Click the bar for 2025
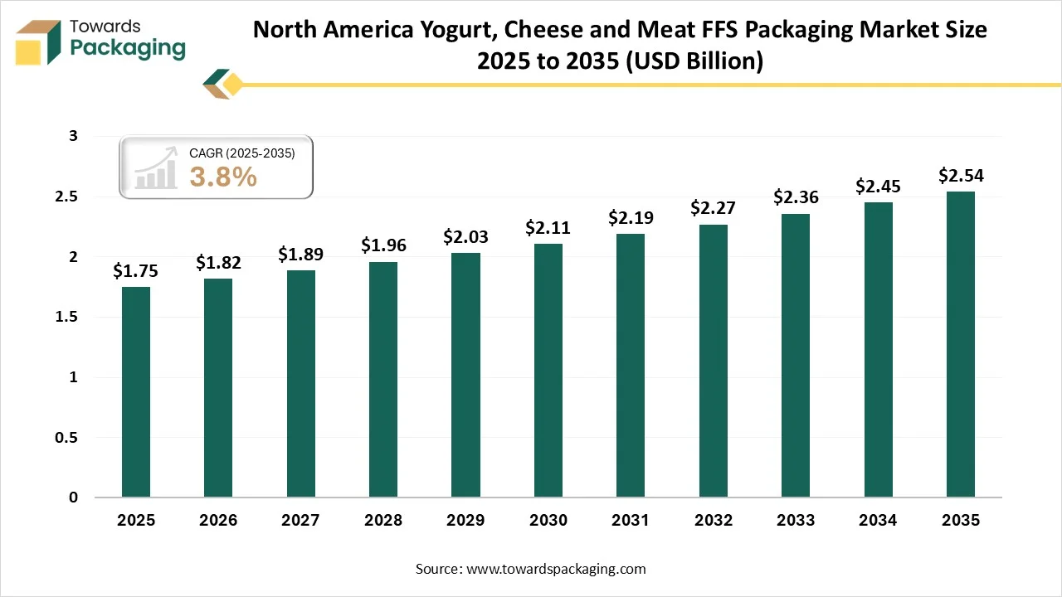click(x=136, y=392)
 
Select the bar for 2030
click(x=548, y=371)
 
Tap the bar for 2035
click(x=961, y=344)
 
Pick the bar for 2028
click(x=383, y=380)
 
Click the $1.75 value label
click(x=136, y=271)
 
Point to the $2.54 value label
click(x=961, y=176)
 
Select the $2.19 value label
click(x=631, y=218)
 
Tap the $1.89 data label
click(x=300, y=254)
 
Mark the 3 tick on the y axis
click(x=74, y=137)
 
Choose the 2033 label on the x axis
click(x=796, y=521)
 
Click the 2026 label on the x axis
click(x=218, y=521)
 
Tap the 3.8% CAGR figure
click(x=223, y=177)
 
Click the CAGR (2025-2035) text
click(x=242, y=153)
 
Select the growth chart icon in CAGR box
click(x=157, y=168)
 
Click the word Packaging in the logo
click(x=128, y=48)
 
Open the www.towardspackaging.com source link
click(x=555, y=569)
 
